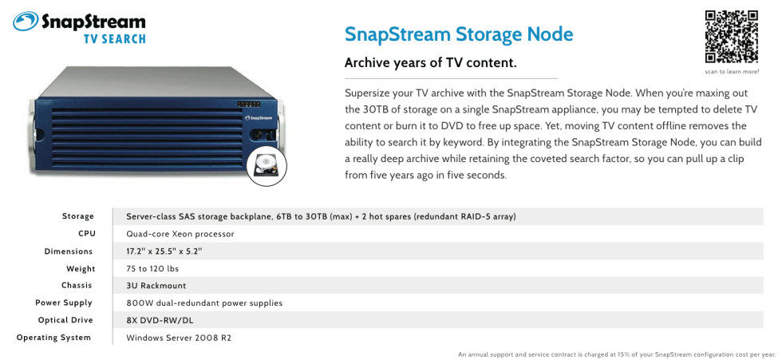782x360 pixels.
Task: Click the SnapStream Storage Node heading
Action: [459, 34]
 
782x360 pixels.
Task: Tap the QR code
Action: [731, 36]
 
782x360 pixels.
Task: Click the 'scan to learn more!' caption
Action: [732, 72]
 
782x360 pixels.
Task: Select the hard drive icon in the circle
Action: [267, 166]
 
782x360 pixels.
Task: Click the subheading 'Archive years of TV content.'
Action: [430, 63]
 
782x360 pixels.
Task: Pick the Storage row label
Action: [78, 216]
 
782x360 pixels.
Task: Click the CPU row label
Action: [86, 234]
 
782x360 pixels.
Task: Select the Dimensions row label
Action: [69, 251]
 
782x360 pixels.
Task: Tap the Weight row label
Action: [80, 269]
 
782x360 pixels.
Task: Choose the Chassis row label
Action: [77, 286]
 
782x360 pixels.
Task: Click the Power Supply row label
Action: [64, 303]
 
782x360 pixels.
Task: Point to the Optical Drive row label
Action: [65, 320]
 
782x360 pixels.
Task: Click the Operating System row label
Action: [54, 338]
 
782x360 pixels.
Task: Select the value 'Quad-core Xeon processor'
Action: [180, 234]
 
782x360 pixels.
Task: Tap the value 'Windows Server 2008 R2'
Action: [179, 338]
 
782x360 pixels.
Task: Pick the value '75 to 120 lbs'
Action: [152, 269]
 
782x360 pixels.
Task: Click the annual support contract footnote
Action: [617, 354]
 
